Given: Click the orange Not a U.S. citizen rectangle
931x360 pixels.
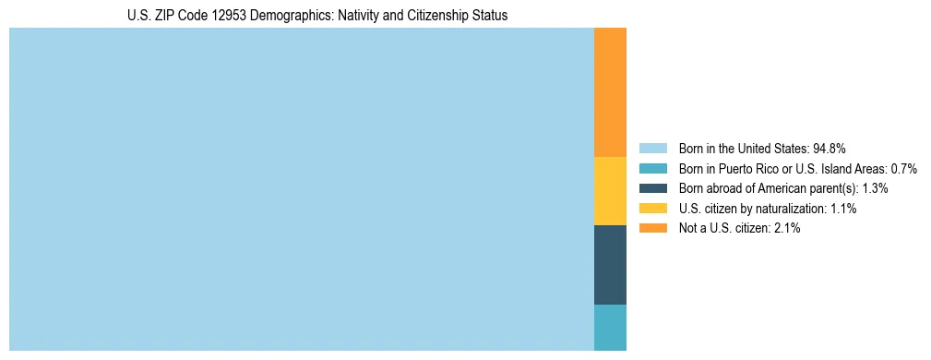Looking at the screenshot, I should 610,92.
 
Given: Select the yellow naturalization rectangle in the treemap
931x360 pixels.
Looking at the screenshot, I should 610,191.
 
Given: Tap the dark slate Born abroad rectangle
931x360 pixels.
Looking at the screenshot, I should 610,265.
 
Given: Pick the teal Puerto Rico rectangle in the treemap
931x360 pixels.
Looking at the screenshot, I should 610,328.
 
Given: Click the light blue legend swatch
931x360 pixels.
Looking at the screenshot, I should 652,149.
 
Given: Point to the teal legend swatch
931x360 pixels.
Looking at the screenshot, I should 652,169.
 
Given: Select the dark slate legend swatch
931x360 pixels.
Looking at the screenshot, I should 652,188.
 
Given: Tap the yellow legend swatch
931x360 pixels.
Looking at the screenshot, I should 652,209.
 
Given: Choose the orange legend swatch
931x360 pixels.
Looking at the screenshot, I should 652,228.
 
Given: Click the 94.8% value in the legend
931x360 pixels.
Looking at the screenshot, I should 830,149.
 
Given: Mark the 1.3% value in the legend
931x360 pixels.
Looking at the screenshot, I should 875,188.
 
